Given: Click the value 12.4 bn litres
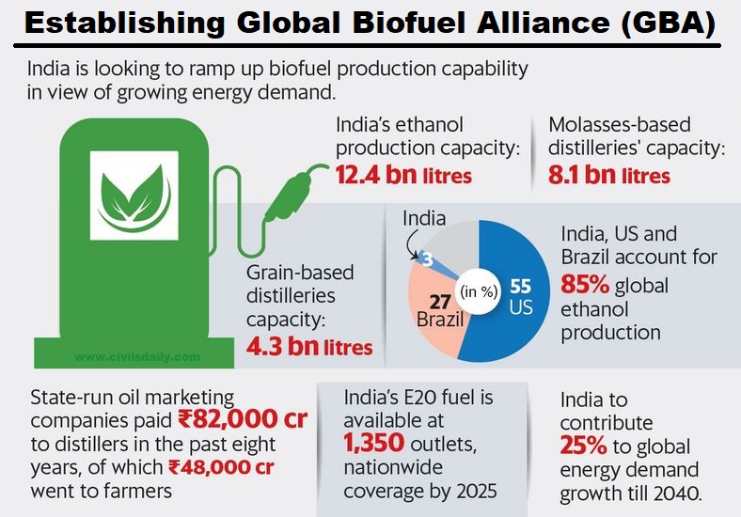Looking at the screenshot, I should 403,175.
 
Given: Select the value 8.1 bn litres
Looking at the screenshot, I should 608,175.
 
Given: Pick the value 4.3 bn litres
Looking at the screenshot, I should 309,347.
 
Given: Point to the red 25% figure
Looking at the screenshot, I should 587,446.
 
